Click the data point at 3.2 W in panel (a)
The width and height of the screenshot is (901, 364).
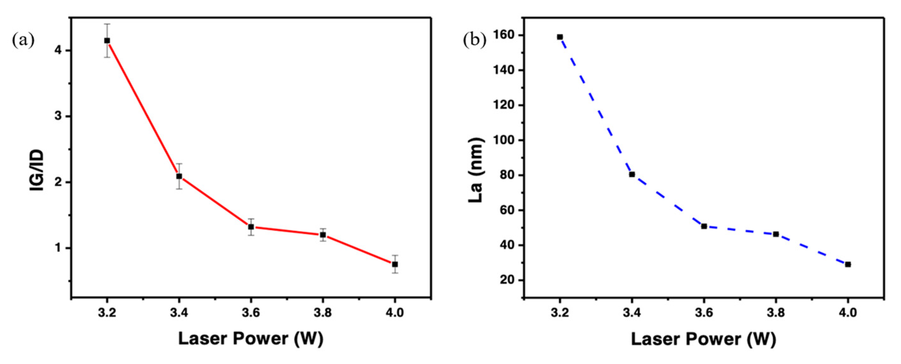[x=107, y=41]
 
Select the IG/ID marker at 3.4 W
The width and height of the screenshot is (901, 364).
[x=179, y=176]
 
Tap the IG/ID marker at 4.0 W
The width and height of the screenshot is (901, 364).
[x=395, y=264]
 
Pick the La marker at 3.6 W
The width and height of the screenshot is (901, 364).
[x=704, y=226]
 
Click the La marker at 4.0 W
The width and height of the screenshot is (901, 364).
[x=848, y=264]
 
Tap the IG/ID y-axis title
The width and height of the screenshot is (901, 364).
[x=37, y=170]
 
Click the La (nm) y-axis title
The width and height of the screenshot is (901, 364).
[x=477, y=170]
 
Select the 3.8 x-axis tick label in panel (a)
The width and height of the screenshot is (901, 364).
[x=323, y=313]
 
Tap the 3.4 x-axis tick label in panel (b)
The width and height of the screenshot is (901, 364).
[x=632, y=313]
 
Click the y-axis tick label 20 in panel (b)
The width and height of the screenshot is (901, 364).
[x=507, y=280]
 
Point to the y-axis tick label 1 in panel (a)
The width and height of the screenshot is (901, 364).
[x=58, y=248]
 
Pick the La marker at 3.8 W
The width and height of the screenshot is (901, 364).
[x=776, y=234]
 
